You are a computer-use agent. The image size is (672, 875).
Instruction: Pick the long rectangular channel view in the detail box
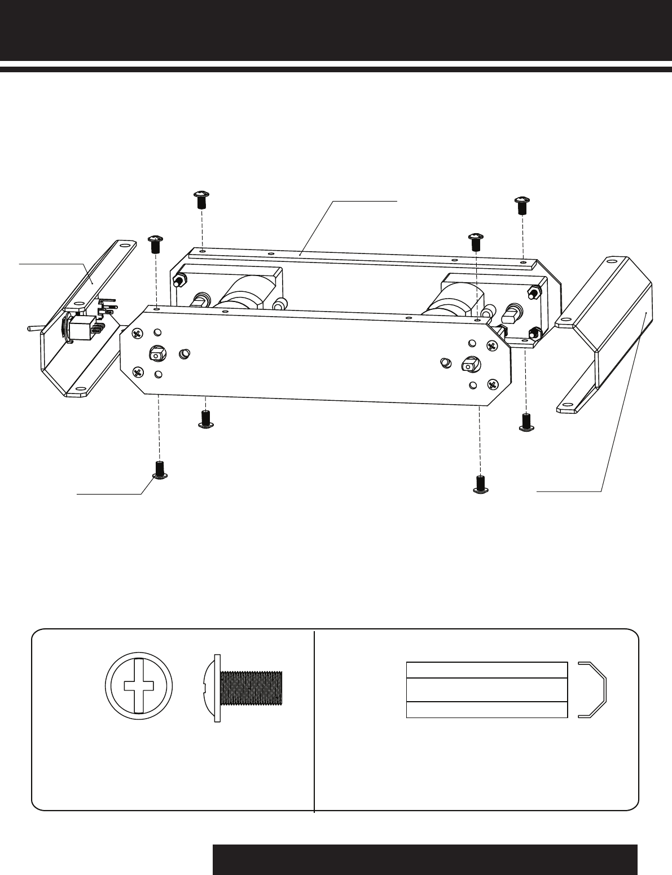coord(486,689)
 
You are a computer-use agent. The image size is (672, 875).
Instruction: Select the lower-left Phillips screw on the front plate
coord(137,371)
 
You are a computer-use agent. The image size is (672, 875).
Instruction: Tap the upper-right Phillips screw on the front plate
coord(491,346)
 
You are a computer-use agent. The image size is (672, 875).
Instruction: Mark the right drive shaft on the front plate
coord(468,364)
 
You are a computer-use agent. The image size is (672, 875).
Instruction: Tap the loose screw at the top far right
coord(521,205)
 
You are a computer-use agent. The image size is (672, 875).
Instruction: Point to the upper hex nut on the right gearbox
coord(532,293)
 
